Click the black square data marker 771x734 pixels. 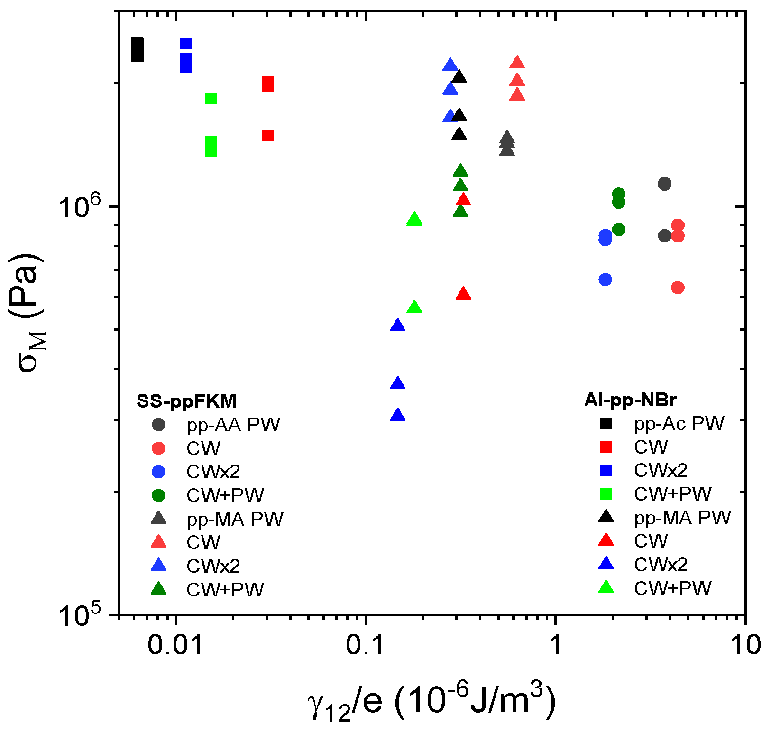[x=137, y=50]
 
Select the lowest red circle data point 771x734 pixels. [x=678, y=288]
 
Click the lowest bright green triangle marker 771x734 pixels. [x=414, y=307]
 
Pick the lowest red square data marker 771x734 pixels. [x=268, y=136]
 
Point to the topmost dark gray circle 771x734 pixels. [x=665, y=184]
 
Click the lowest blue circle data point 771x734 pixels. [x=605, y=279]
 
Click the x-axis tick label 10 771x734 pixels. [x=745, y=645]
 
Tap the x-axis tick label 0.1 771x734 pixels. [x=365, y=645]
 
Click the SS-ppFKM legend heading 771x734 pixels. [x=186, y=401]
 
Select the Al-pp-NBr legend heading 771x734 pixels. [x=630, y=400]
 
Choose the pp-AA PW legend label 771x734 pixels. [x=233, y=425]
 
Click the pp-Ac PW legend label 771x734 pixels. [x=679, y=423]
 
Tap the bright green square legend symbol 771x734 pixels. [x=606, y=494]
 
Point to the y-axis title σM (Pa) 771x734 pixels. [x=28, y=313]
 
